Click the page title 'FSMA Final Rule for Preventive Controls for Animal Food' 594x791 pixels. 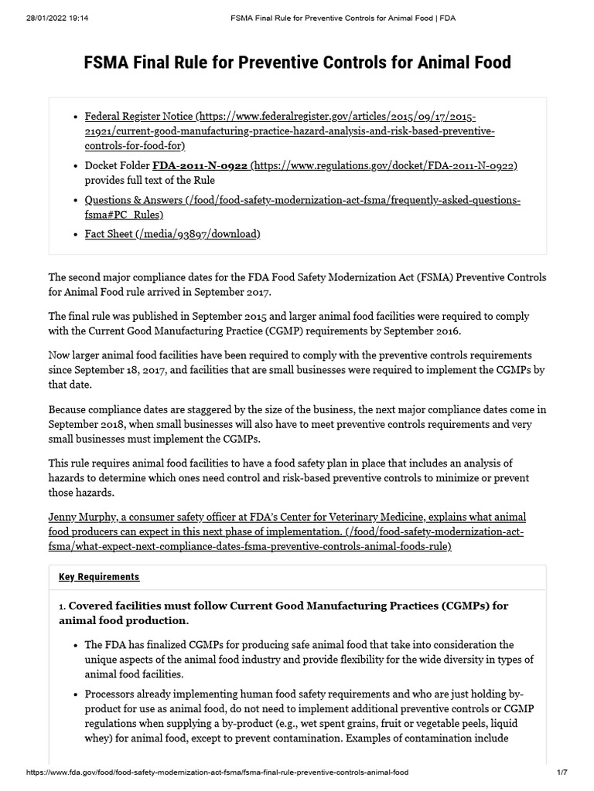point(297,62)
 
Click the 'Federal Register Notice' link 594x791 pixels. point(139,117)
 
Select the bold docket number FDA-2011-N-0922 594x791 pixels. point(200,166)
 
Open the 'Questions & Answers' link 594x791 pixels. point(134,201)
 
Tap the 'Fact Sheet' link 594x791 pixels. point(109,234)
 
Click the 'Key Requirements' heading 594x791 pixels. point(99,577)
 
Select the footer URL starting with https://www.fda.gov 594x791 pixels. point(217,772)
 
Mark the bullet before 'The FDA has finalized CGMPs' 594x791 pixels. point(75,645)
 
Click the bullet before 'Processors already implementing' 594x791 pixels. point(75,694)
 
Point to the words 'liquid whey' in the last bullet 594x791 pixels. point(504,724)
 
